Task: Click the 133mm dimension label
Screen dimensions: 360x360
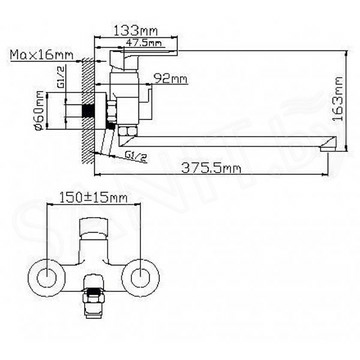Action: pyautogui.click(x=136, y=31)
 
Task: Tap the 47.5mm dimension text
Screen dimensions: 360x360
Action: pyautogui.click(x=144, y=43)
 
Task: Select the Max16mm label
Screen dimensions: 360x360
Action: pyautogui.click(x=42, y=54)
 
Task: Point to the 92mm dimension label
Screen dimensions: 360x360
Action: pyautogui.click(x=171, y=79)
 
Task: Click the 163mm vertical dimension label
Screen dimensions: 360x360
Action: pyautogui.click(x=338, y=100)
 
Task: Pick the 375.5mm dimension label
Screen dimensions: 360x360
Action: pyautogui.click(x=211, y=168)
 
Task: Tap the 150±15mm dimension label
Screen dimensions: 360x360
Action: pyautogui.click(x=93, y=198)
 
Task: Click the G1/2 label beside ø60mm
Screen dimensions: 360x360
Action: pyautogui.click(x=62, y=80)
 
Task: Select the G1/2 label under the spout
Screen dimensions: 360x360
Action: pyautogui.click(x=137, y=156)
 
